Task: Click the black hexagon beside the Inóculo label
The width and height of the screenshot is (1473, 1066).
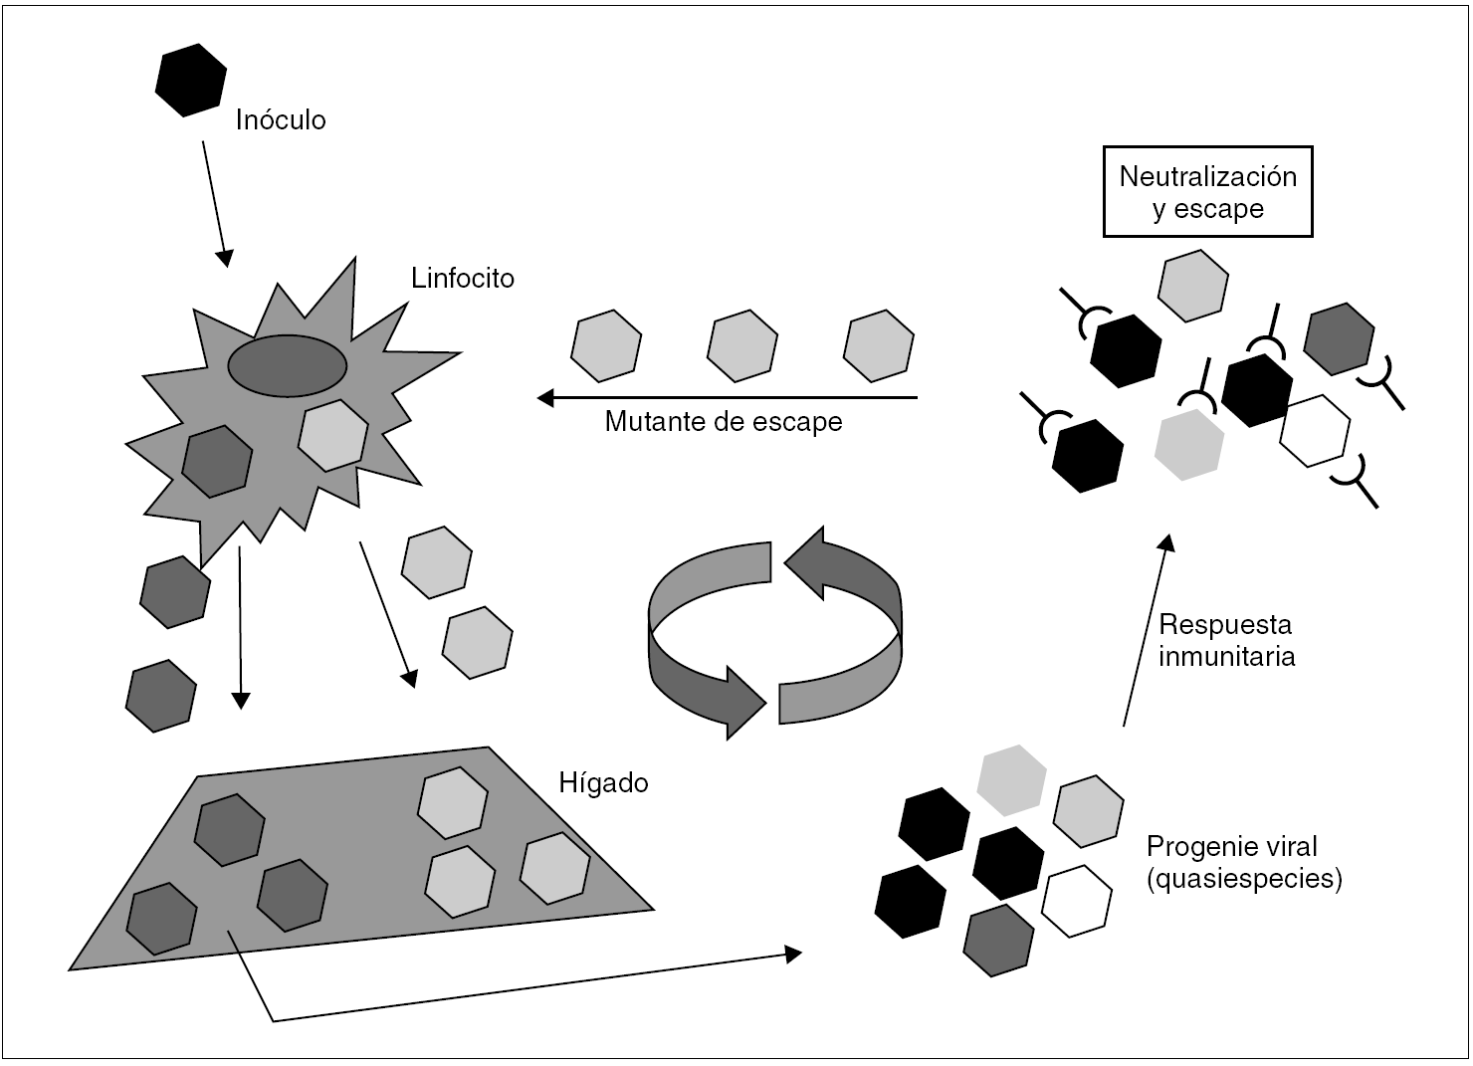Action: [x=191, y=80]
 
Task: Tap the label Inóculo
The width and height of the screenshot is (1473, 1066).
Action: [x=281, y=120]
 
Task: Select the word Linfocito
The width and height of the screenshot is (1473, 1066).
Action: [x=463, y=278]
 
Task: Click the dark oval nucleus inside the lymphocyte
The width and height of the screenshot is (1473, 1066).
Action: [x=288, y=365]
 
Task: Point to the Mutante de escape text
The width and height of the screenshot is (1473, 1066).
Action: [x=724, y=422]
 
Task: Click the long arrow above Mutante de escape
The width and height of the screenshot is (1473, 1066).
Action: [x=727, y=398]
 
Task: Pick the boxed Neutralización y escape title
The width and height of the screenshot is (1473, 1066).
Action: [x=1207, y=192]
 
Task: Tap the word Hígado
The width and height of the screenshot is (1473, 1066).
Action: [x=604, y=783]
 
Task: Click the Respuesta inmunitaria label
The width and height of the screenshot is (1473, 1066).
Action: [x=1226, y=641]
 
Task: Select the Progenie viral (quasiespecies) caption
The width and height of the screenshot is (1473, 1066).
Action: [x=1243, y=863]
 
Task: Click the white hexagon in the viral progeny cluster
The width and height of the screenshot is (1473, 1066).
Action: [x=1076, y=901]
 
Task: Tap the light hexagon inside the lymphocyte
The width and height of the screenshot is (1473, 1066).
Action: [x=333, y=435]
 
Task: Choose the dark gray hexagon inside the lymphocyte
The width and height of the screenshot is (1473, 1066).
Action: [x=218, y=461]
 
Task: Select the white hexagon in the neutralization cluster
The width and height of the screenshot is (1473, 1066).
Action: [x=1315, y=431]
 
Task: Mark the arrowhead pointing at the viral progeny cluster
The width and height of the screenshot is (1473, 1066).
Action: [x=793, y=953]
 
